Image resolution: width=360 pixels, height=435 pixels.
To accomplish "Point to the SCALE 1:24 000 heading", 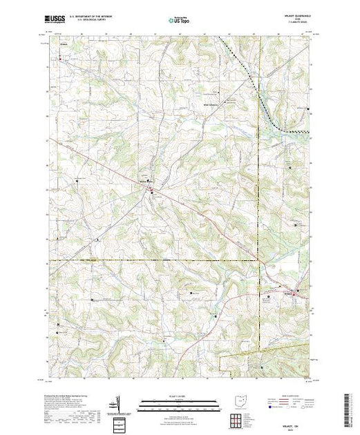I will [180, 395].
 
